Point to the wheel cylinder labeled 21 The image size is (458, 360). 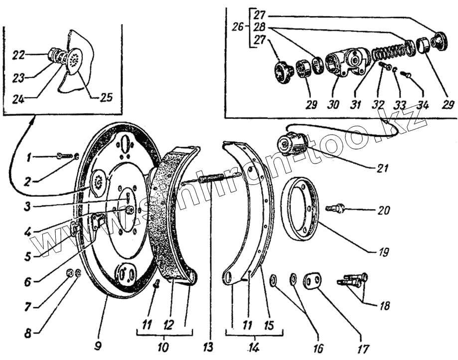point(292,144)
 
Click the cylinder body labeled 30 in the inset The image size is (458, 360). point(346,64)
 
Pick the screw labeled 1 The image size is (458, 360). point(63,156)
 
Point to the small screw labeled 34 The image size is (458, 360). point(407,75)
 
